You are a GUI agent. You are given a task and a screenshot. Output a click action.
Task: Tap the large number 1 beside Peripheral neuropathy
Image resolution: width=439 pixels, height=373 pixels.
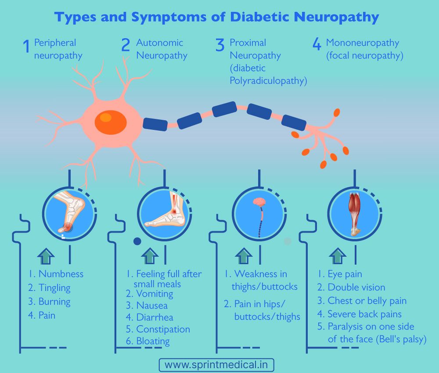coord(26,46)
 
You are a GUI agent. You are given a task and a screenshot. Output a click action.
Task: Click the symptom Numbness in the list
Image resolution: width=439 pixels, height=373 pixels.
coord(61,274)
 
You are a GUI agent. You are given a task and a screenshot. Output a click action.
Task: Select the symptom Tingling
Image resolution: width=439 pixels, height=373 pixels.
coord(54,288)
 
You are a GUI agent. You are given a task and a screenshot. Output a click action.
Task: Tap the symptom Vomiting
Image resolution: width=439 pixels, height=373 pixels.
coord(155,294)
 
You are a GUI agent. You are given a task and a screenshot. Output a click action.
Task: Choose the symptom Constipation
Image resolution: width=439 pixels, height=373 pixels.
coord(163,329)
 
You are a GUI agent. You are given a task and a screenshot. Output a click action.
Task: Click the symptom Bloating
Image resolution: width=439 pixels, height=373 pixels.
coord(153,341)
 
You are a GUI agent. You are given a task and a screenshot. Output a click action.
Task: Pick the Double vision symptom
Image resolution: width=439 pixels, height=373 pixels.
coord(356,287)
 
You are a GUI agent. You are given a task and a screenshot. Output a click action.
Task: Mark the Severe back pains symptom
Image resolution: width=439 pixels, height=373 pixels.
coord(364,314)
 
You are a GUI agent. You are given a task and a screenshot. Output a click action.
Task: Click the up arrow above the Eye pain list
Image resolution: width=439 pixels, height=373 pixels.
coord(337,256)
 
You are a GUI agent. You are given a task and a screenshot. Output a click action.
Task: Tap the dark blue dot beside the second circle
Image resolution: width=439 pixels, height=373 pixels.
coord(137,241)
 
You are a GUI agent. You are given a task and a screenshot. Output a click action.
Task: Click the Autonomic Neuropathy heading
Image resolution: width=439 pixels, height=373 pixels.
coord(162,49)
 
